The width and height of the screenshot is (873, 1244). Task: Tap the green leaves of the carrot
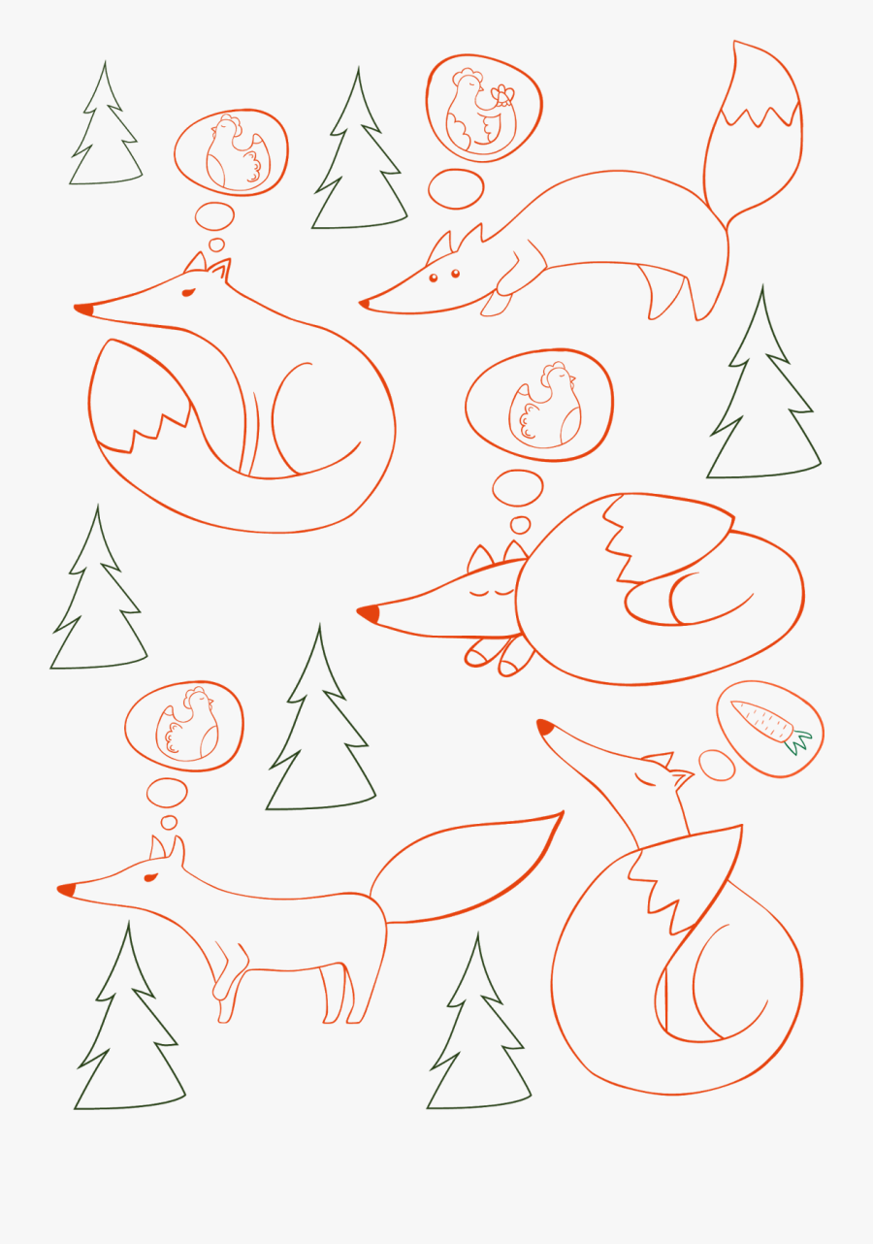[x=799, y=741]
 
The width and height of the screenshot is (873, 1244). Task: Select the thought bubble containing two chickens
[x=483, y=107]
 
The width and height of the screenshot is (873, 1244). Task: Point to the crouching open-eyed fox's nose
[x=365, y=305]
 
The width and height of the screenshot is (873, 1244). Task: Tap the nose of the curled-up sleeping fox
[x=368, y=613]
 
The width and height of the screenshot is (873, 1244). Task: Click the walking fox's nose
[x=66, y=889]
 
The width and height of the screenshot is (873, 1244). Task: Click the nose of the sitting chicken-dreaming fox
[x=83, y=310]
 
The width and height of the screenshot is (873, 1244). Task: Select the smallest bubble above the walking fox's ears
[x=169, y=822]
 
